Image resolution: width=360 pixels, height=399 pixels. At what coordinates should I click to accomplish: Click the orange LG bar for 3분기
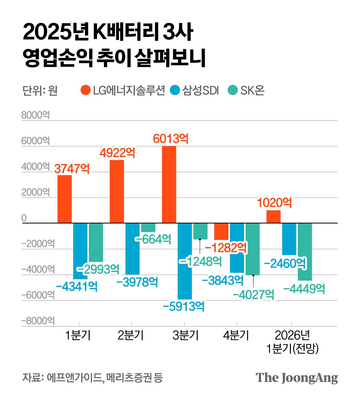coord(169,184)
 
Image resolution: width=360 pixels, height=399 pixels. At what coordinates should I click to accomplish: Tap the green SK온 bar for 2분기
coord(148,227)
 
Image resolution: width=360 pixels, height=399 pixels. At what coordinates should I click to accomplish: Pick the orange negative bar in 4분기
coord(221,231)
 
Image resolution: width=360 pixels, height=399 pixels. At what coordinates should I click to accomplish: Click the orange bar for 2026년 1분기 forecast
coord(273,217)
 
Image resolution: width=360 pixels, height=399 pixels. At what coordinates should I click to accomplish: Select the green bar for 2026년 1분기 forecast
coord(305,252)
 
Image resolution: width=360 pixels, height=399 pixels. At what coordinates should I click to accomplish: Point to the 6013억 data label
coord(171,139)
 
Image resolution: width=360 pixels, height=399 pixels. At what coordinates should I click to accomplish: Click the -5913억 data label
coord(184,306)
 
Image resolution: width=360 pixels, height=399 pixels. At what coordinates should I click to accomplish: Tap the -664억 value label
coord(153,239)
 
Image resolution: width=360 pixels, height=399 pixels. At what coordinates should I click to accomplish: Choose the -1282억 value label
coord(226,248)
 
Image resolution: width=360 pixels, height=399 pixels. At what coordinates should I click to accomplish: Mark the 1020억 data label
coord(274,203)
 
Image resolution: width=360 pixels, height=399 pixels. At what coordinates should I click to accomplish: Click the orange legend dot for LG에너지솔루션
coord(85,90)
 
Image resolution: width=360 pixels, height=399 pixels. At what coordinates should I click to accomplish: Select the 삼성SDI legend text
coord(200,91)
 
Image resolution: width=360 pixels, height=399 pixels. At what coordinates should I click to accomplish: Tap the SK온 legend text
coord(252,91)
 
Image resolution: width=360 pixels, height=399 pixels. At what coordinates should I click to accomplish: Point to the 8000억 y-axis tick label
coord(35,115)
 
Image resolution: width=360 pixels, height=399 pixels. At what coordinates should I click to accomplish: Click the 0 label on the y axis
coord(24,218)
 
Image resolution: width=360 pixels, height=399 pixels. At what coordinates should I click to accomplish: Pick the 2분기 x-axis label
coord(131,335)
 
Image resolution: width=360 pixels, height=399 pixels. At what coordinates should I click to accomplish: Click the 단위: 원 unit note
coord(40,91)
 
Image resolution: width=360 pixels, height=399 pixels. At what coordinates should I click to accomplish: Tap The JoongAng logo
coord(297,378)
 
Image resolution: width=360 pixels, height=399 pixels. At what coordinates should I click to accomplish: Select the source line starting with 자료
coord(93,378)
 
